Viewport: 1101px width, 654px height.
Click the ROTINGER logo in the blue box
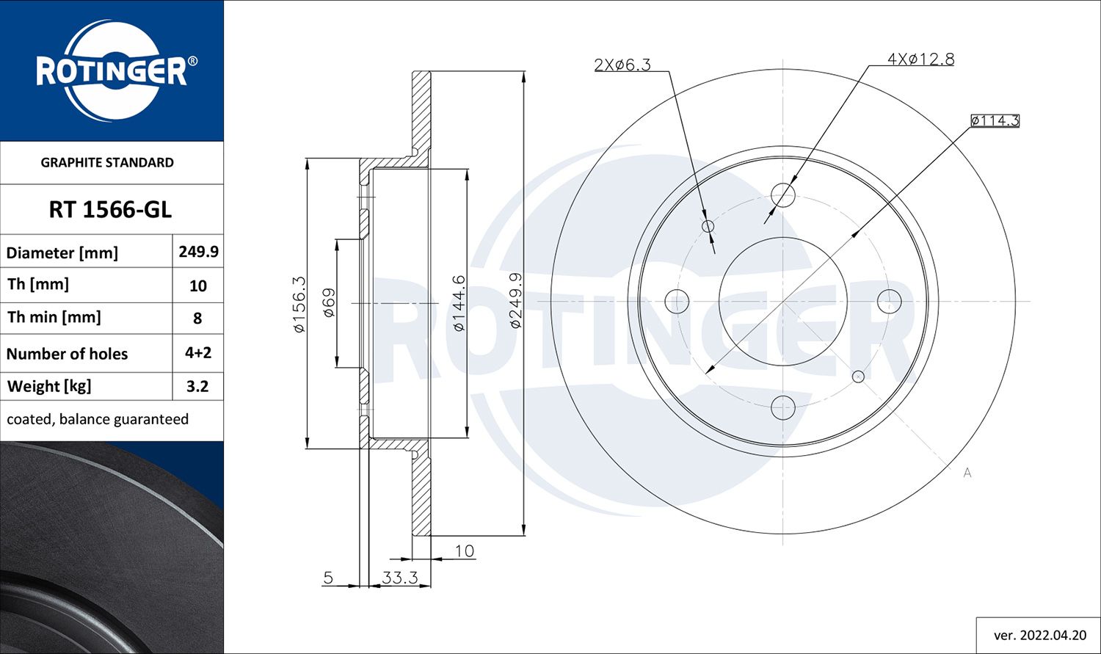point(112,71)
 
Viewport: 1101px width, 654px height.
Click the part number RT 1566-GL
point(110,210)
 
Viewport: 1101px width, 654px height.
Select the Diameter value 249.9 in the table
point(198,252)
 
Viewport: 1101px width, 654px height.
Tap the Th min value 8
point(197,319)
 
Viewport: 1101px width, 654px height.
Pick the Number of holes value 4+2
point(198,353)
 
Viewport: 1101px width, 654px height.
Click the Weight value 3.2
point(197,386)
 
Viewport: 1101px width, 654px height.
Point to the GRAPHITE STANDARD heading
point(107,162)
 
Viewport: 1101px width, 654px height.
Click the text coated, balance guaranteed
point(98,419)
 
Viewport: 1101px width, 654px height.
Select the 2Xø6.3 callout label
point(622,65)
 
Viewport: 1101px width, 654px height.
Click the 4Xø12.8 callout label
point(920,59)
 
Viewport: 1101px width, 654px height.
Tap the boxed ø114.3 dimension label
point(995,120)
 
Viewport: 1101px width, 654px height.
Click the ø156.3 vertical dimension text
point(299,305)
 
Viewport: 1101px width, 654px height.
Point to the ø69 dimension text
point(329,302)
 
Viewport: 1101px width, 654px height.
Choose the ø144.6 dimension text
point(459,302)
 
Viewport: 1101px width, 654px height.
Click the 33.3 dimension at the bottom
point(400,578)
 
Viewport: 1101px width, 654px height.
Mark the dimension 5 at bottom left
point(328,578)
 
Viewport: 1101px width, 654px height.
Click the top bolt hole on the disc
point(783,195)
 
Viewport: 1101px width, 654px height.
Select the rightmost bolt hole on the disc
point(889,301)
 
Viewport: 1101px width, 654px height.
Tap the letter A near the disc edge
point(967,473)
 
